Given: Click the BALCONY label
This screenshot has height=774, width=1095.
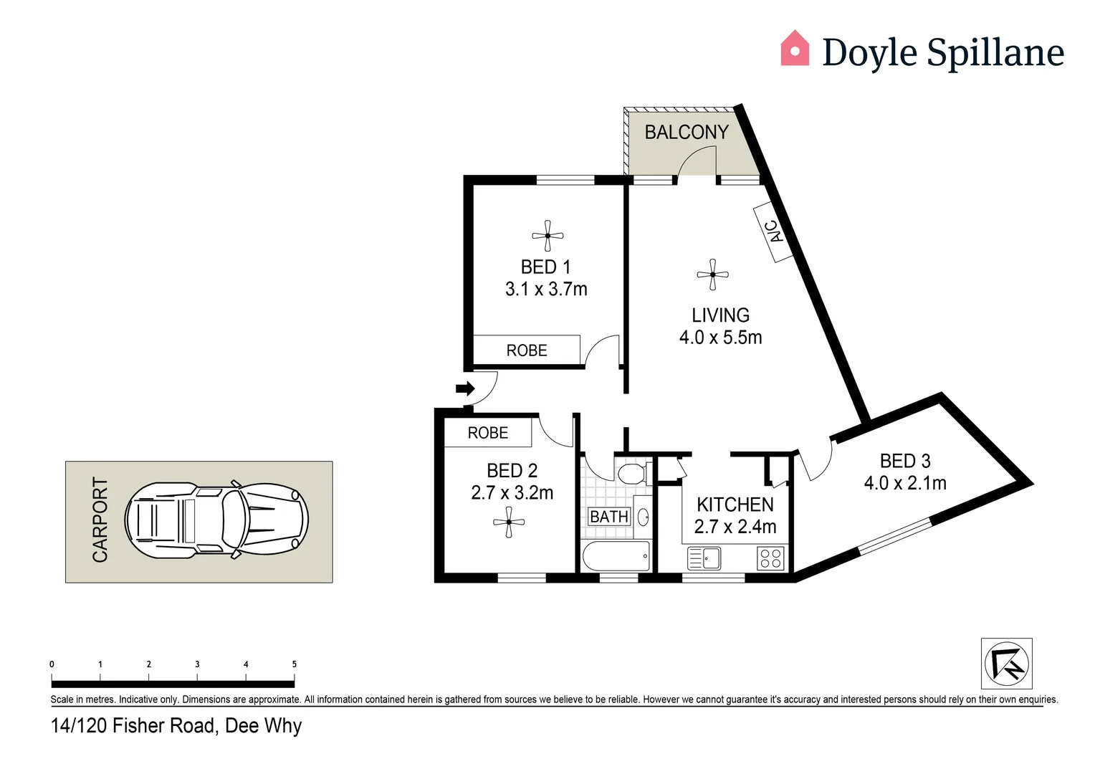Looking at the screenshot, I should click(x=686, y=133).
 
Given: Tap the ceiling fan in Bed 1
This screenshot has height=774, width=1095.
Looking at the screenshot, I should click(x=547, y=236).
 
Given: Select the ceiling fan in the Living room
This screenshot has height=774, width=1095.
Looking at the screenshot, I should click(x=712, y=274).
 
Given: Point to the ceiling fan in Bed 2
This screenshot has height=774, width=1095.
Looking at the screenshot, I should click(x=509, y=522).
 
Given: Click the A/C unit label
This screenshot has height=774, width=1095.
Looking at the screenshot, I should click(x=773, y=231).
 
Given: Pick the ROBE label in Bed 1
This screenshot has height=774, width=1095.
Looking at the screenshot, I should click(x=527, y=350).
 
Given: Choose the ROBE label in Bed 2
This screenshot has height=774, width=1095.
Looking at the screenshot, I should click(x=488, y=433).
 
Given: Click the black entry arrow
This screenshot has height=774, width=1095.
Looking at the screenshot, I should click(x=465, y=389).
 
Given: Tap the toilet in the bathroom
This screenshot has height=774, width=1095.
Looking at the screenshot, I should click(x=631, y=474).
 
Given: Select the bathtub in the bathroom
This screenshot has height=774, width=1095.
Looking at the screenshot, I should click(x=616, y=556).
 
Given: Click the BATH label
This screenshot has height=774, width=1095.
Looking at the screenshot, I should click(x=609, y=517).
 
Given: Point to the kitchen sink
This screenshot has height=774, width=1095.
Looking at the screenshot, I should click(x=704, y=558).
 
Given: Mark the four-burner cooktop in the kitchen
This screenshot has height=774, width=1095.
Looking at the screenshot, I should click(x=771, y=558).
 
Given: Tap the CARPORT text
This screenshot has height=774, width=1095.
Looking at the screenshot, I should click(x=100, y=520).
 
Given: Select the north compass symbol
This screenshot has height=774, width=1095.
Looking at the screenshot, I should click(x=1006, y=664).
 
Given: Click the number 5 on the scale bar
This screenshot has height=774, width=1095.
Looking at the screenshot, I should click(x=294, y=664).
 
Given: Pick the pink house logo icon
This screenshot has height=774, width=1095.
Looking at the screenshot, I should click(x=795, y=49).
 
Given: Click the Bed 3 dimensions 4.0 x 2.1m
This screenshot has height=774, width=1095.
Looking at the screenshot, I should click(x=905, y=483).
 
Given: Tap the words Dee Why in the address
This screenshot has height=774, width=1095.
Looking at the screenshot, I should click(x=264, y=726).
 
